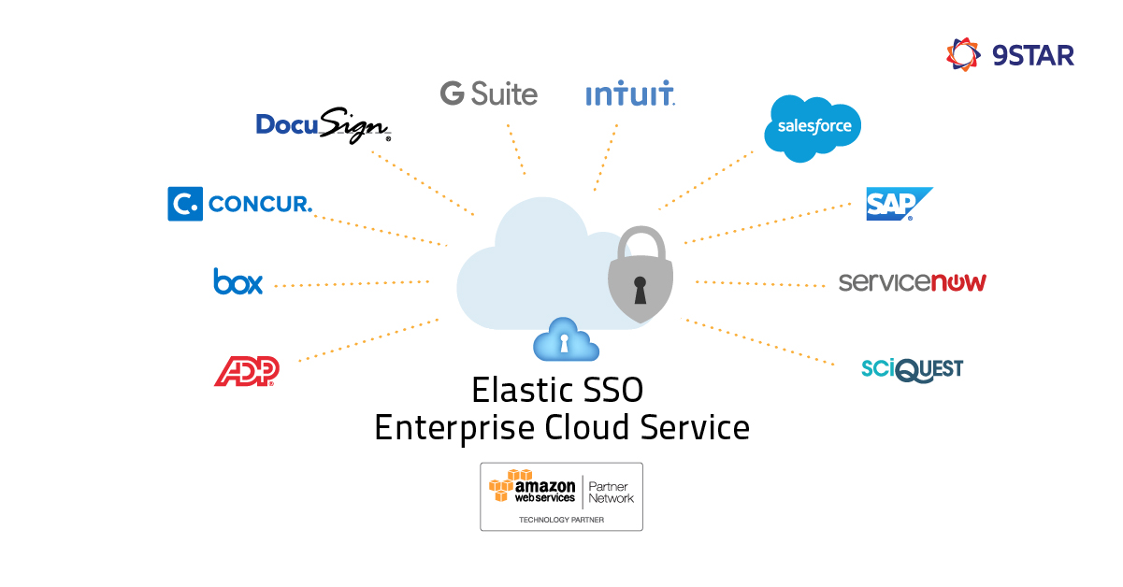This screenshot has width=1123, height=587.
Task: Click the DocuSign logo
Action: [x=323, y=125]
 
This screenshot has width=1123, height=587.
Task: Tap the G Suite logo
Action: [x=488, y=93]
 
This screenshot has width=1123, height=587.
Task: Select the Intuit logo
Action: [x=629, y=94]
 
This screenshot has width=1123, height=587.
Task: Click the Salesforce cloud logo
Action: [x=812, y=127]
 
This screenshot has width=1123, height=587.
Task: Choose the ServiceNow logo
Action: [x=912, y=281]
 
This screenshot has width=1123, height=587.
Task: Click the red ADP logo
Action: [x=247, y=371]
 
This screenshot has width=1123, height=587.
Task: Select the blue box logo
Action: [x=238, y=281]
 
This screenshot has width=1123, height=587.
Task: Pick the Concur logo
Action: [x=239, y=204]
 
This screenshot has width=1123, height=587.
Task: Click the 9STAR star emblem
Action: [x=963, y=54]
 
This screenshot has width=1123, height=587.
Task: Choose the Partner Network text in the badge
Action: [x=611, y=491]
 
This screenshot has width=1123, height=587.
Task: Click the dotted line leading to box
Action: [x=351, y=283]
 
